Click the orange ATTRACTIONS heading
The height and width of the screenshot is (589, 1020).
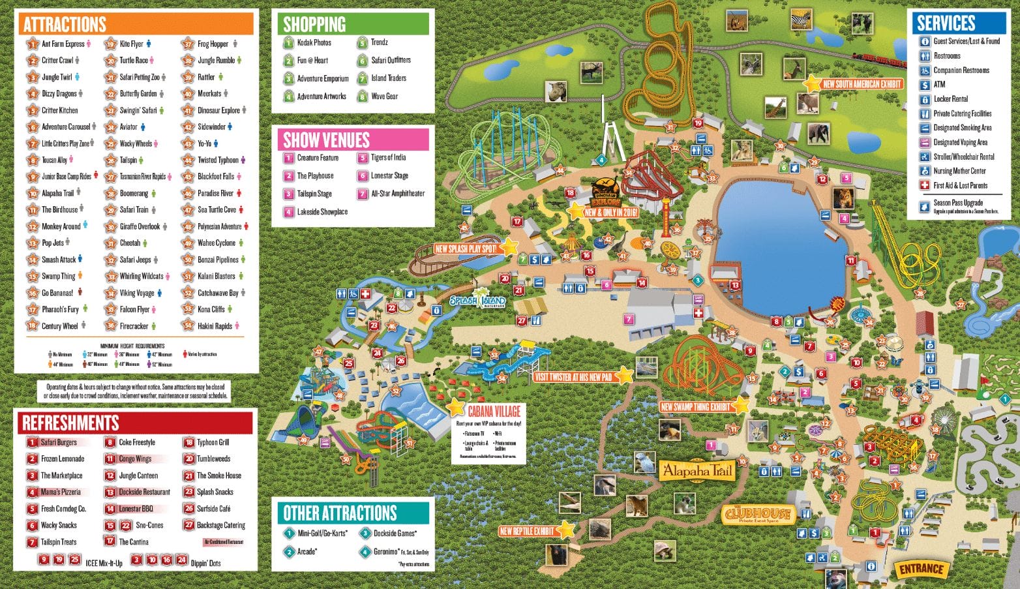[65, 25]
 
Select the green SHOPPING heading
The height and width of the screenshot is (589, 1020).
[314, 25]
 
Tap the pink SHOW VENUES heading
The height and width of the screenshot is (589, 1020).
[326, 140]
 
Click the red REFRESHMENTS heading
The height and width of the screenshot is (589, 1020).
[70, 423]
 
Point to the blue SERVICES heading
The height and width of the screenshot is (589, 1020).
[946, 23]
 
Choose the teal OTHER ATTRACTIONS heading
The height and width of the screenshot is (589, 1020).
[339, 513]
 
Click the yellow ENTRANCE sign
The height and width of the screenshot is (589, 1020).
[921, 569]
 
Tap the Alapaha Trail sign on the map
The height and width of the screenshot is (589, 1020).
[697, 470]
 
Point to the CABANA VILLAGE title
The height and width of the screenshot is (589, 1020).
[494, 411]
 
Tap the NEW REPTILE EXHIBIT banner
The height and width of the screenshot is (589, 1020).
[527, 531]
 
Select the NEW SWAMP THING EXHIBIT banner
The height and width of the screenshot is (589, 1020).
[695, 407]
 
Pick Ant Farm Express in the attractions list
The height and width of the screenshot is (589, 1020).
[63, 44]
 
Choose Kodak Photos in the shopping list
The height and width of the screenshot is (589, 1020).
[314, 42]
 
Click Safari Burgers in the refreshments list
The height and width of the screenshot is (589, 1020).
[58, 442]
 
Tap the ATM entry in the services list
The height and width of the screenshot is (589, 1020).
[939, 85]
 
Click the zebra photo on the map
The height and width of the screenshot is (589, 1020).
[800, 20]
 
